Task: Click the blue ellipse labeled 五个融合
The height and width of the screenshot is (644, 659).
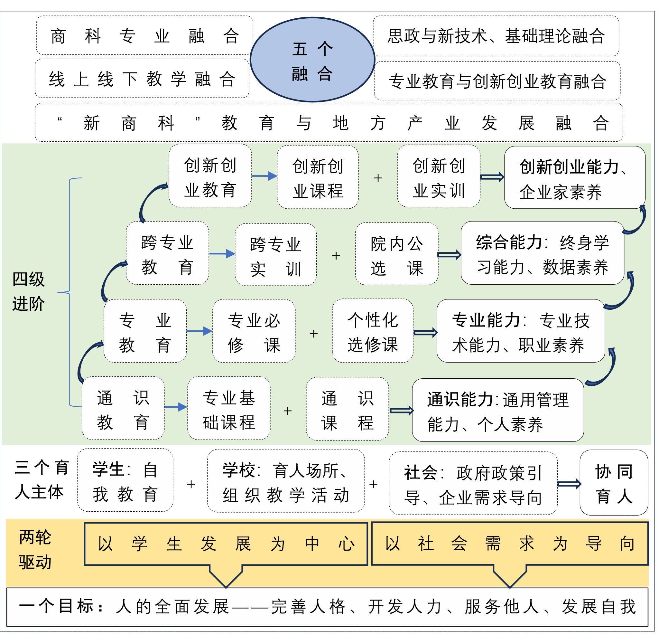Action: click(x=312, y=60)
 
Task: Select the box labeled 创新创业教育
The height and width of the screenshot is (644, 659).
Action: click(x=210, y=176)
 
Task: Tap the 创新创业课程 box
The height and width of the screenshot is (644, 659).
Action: click(x=318, y=177)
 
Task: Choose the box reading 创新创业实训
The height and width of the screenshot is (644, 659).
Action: click(x=439, y=176)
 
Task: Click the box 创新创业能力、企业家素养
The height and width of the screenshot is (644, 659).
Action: click(x=574, y=177)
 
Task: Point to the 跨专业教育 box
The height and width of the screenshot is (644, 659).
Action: click(x=167, y=253)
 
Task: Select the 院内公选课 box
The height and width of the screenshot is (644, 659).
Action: click(x=396, y=254)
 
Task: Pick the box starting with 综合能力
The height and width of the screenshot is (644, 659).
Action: click(x=542, y=253)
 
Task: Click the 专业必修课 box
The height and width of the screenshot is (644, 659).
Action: click(x=254, y=331)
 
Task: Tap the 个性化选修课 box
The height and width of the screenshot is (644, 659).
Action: click(x=372, y=331)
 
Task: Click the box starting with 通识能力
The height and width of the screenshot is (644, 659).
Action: click(x=497, y=410)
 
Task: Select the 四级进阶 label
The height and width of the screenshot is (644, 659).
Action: click(x=28, y=291)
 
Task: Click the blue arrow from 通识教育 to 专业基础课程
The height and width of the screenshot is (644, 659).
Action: click(x=176, y=407)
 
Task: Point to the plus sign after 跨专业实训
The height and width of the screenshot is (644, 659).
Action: click(x=336, y=256)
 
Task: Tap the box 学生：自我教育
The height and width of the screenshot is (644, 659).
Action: click(x=125, y=480)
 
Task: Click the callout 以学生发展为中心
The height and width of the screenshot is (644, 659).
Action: click(x=226, y=544)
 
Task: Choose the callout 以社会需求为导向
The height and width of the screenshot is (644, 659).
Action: click(x=510, y=544)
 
